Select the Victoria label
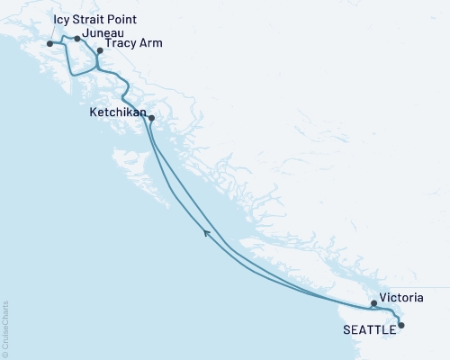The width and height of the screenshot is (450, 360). (x=400, y=295)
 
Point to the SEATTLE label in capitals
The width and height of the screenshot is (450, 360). (x=368, y=330)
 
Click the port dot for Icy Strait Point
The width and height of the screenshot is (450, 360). (x=49, y=42)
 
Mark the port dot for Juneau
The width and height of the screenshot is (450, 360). (x=77, y=39)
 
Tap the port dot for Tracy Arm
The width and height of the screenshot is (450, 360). (x=100, y=51)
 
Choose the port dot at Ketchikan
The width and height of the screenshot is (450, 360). (x=151, y=118)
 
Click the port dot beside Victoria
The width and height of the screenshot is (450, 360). (x=373, y=304)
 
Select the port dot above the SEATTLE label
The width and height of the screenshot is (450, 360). (x=401, y=325)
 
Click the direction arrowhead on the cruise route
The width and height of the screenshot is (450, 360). (x=208, y=234)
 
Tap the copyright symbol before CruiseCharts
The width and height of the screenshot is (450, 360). (x=5, y=353)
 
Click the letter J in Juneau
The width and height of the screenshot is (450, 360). (x=83, y=32)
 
